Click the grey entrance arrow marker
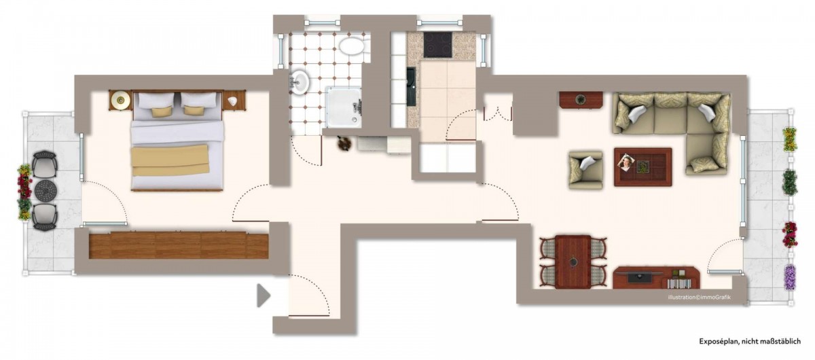click(x=263, y=295)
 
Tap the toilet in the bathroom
click(x=352, y=47)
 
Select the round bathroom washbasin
click(x=300, y=82)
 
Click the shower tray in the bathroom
click(x=344, y=107)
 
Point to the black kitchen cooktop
click(x=437, y=45)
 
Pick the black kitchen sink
click(x=411, y=87)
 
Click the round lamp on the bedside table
click(x=120, y=100)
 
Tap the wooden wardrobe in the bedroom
click(x=179, y=245)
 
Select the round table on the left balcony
click(x=46, y=190)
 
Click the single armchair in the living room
click(x=585, y=170)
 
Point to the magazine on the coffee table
click(x=627, y=163)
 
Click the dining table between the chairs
click(x=573, y=262)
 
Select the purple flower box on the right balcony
click(x=789, y=277)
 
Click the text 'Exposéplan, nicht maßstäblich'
click(x=750, y=341)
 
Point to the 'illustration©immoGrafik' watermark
click(x=699, y=298)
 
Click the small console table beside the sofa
click(x=581, y=100)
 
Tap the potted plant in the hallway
click(x=344, y=143)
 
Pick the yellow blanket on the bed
click(x=170, y=160)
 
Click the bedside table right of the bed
click(x=234, y=100)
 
